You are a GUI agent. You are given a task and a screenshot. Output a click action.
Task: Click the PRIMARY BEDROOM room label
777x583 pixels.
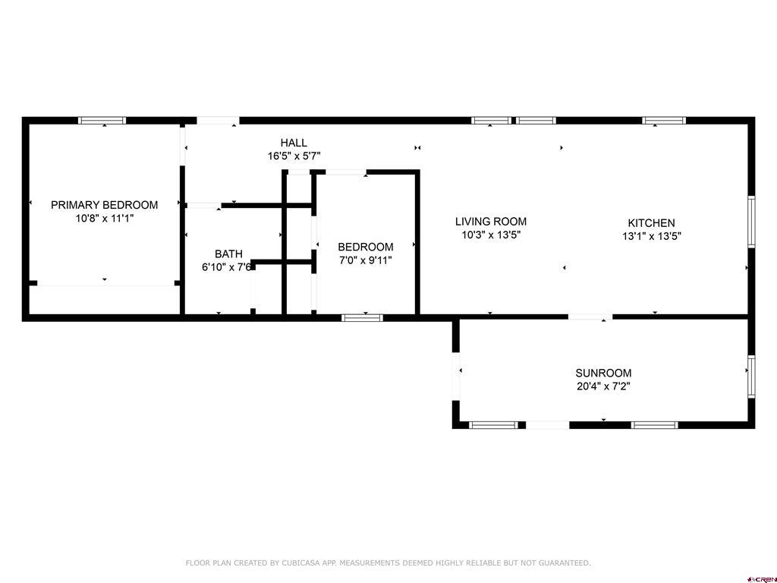point(104,205)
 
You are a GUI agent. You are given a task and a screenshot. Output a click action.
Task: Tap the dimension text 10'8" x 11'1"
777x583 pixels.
point(104,218)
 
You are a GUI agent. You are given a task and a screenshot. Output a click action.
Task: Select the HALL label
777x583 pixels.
point(294,143)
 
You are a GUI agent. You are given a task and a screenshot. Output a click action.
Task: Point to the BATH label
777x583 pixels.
point(228,254)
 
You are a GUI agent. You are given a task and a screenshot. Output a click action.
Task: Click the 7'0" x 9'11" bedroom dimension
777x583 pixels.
point(366,260)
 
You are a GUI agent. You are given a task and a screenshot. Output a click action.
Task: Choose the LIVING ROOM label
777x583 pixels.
point(491,222)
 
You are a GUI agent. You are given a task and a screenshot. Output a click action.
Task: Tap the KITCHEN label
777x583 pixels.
point(651,223)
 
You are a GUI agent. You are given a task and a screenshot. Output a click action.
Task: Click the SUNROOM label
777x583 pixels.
point(603,373)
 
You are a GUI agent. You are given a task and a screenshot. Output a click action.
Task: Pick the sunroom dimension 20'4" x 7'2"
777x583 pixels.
point(603,386)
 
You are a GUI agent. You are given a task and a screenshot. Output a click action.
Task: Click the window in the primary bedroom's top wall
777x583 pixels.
point(102,120)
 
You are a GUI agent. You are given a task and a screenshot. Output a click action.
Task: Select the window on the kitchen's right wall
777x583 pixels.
point(751,222)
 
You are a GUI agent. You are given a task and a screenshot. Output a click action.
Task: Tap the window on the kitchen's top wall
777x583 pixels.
point(664,120)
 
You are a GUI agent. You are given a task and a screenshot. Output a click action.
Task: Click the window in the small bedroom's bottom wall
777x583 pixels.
point(362,318)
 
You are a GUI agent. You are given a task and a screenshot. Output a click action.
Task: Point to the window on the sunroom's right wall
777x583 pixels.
point(751,377)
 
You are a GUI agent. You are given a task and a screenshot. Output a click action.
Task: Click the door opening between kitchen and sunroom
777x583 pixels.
point(590,317)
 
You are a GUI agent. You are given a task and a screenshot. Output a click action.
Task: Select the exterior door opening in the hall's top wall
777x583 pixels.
point(218,120)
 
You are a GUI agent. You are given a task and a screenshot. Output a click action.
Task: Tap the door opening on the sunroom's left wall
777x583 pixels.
point(456,377)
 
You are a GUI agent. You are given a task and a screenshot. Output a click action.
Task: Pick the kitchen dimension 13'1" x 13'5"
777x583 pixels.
point(651,237)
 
